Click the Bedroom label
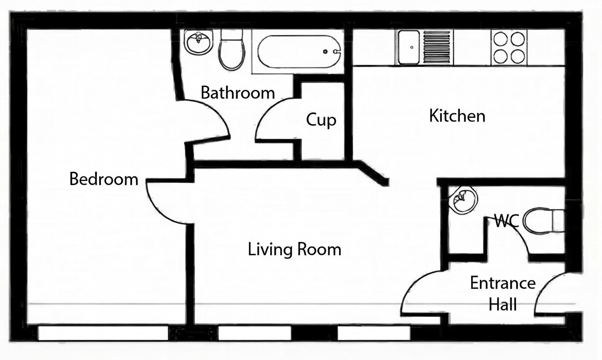[x=104, y=179]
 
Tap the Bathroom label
[x=238, y=93]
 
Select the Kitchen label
[x=457, y=116]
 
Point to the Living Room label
[x=295, y=249]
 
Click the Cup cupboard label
[x=321, y=120]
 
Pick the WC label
[x=506, y=221]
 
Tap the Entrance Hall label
[x=503, y=293]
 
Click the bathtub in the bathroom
[x=299, y=51]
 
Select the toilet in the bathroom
[x=232, y=50]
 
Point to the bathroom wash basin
[x=199, y=42]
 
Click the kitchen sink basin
[x=409, y=47]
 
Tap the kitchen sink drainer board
[x=437, y=47]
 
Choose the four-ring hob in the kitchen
[x=509, y=47]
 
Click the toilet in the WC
[x=543, y=221]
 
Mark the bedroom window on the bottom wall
[x=103, y=333]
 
